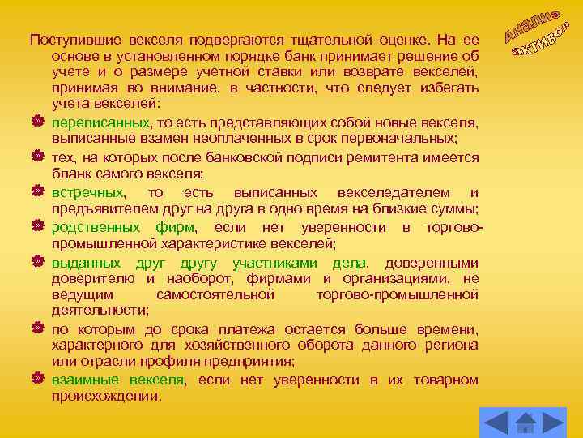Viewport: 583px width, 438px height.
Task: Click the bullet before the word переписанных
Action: (37, 122)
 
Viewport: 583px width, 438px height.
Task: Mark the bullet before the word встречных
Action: (37, 193)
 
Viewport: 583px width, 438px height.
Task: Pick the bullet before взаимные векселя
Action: (37, 380)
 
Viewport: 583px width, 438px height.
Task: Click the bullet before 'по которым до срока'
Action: (37, 330)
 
